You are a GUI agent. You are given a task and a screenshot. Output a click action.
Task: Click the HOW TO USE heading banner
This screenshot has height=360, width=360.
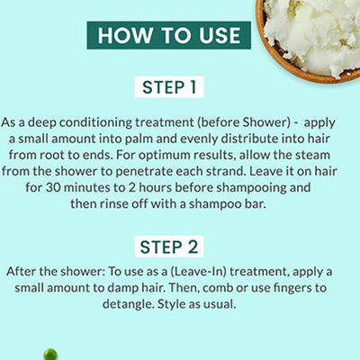click(x=169, y=35)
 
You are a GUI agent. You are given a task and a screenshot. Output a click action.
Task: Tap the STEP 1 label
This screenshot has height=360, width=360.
click(x=169, y=87)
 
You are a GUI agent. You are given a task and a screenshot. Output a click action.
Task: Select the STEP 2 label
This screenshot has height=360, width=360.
click(x=169, y=247)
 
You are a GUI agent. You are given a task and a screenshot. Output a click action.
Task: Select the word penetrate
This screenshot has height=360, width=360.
click(x=144, y=172)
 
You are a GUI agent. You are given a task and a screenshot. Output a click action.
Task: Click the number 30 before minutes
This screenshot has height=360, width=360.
click(x=53, y=188)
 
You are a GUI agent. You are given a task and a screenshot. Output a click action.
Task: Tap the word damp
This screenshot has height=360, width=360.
click(x=122, y=289)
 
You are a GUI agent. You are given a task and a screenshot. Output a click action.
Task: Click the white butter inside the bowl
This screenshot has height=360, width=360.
click(x=316, y=33)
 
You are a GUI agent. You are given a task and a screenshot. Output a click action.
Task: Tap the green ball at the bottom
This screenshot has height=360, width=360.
click(x=50, y=354)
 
